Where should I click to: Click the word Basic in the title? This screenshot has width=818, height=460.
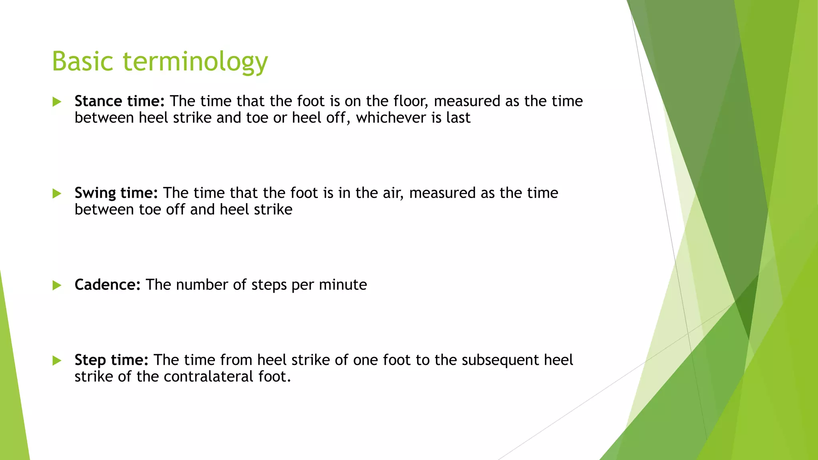(x=83, y=61)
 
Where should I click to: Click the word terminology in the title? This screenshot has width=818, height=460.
(x=195, y=62)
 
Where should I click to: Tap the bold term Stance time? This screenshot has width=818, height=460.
(x=119, y=101)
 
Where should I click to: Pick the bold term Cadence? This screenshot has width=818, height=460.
(x=107, y=285)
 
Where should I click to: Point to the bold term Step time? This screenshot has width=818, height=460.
(x=111, y=360)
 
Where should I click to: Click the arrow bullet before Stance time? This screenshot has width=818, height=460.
(x=57, y=102)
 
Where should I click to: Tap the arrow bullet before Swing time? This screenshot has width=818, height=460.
(x=57, y=194)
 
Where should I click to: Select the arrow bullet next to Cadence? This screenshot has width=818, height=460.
(x=57, y=285)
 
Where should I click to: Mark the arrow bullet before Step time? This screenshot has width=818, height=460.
(x=57, y=361)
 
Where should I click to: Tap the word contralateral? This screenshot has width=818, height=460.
(x=208, y=377)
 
